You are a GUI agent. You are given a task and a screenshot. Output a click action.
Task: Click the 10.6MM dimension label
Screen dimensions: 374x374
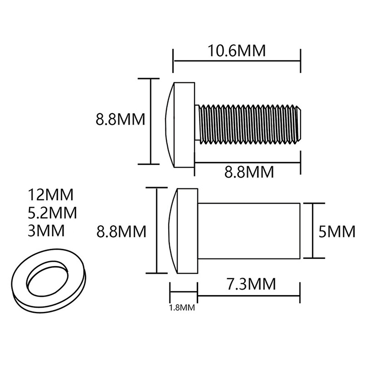click(237, 50)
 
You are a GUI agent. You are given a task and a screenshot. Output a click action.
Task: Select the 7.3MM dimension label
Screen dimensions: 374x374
click(251, 284)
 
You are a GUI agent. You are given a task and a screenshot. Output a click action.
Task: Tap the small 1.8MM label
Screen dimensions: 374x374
click(182, 308)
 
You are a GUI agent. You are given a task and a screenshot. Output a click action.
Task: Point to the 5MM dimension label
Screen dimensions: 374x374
click(337, 231)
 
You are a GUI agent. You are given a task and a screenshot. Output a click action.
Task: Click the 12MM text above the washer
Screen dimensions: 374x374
click(51, 194)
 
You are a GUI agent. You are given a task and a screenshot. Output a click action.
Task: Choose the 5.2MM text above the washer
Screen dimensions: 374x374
click(52, 213)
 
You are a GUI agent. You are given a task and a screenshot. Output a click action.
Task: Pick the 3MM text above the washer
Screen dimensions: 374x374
click(46, 230)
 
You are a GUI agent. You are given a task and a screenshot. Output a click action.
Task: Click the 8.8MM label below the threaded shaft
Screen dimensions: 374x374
click(249, 172)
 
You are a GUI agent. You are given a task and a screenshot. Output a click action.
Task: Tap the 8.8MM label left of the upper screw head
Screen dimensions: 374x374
click(121, 120)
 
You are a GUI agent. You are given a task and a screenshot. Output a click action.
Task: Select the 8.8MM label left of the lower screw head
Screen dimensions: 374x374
click(121, 231)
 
